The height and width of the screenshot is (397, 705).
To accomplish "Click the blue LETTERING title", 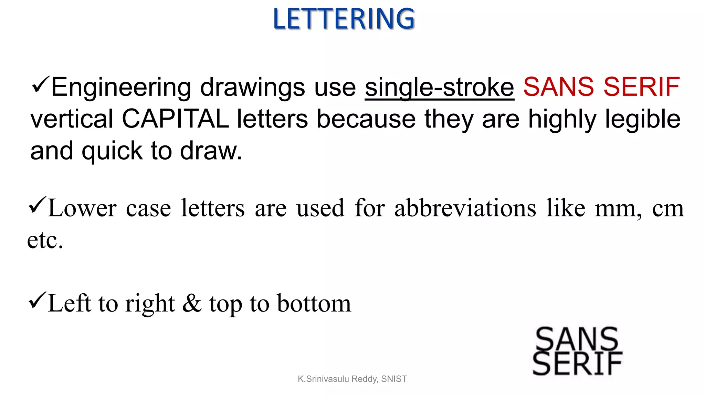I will click(344, 19).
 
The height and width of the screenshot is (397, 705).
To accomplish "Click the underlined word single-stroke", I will click(439, 88).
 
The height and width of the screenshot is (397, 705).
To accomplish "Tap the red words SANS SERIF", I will click(601, 87).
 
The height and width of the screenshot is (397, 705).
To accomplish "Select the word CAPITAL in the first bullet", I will click(175, 119).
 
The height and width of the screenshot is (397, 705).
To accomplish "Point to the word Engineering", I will click(121, 88).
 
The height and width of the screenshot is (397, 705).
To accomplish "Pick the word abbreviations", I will click(465, 208).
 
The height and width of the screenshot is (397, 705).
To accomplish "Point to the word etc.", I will click(45, 240).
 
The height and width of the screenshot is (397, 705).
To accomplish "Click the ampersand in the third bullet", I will click(192, 304).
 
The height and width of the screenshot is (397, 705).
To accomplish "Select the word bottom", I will click(314, 304).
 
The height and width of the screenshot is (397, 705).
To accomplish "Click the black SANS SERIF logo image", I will click(577, 351).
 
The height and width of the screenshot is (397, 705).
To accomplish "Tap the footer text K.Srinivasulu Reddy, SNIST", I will click(352, 379).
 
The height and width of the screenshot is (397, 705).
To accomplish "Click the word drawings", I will click(252, 88).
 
